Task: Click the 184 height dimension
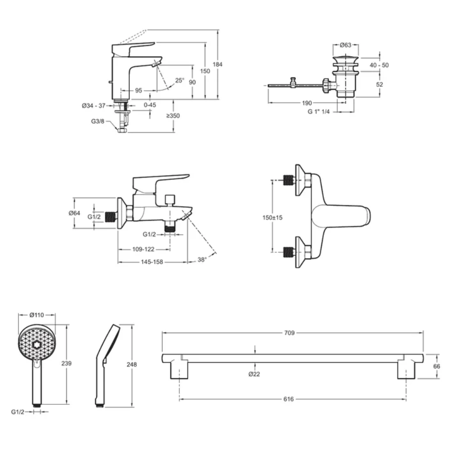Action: pyautogui.click(x=218, y=64)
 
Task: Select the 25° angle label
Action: pyautogui.click(x=179, y=80)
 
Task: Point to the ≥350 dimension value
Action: pyautogui.click(x=173, y=116)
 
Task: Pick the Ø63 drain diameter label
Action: pyautogui.click(x=346, y=45)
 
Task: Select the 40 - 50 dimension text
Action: pyautogui.click(x=379, y=65)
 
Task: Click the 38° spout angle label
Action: pyautogui.click(x=202, y=259)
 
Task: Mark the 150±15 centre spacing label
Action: pyautogui.click(x=272, y=217)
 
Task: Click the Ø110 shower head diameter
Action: pyautogui.click(x=37, y=315)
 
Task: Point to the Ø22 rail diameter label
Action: pyautogui.click(x=255, y=374)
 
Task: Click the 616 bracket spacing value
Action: pyautogui.click(x=289, y=399)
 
